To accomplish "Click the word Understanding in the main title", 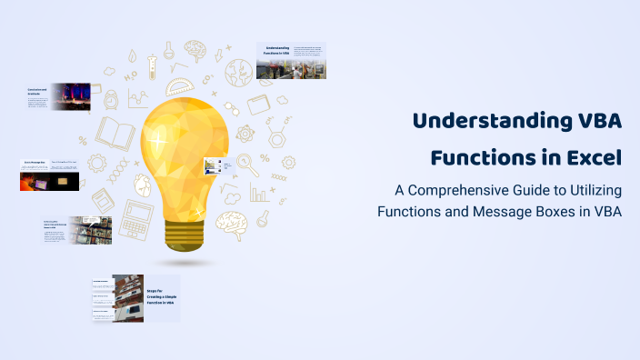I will click(x=482, y=122).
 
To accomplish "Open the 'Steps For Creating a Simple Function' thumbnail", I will click(x=135, y=298).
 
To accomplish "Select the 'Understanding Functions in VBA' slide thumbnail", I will click(x=291, y=61).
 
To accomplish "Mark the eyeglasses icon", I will click(x=231, y=108).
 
